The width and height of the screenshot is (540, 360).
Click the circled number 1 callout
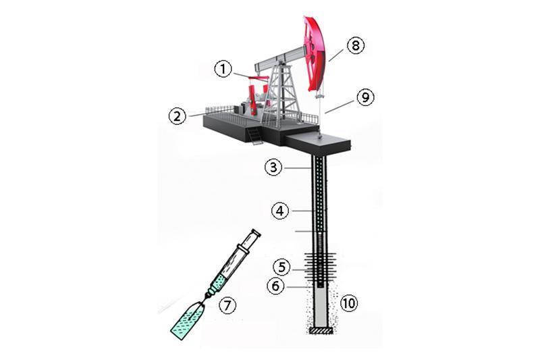223,70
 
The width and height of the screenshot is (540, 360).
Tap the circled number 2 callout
177,116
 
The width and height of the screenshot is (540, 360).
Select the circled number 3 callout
273,168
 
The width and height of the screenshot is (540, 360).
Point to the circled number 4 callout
280,211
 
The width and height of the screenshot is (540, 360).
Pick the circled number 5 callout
282,267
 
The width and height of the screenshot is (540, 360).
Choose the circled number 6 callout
275,286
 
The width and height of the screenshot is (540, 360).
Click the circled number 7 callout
227,305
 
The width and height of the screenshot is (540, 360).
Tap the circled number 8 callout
356,45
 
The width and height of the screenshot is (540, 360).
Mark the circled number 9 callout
365,97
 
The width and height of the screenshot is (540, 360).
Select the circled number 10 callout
349,303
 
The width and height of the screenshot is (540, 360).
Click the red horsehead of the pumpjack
314,53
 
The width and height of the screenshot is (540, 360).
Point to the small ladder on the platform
254,135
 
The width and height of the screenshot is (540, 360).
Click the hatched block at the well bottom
321,331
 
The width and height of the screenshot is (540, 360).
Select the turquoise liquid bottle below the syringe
188,320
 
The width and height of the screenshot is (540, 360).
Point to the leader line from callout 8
336,55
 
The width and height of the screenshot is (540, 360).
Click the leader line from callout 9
340,107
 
